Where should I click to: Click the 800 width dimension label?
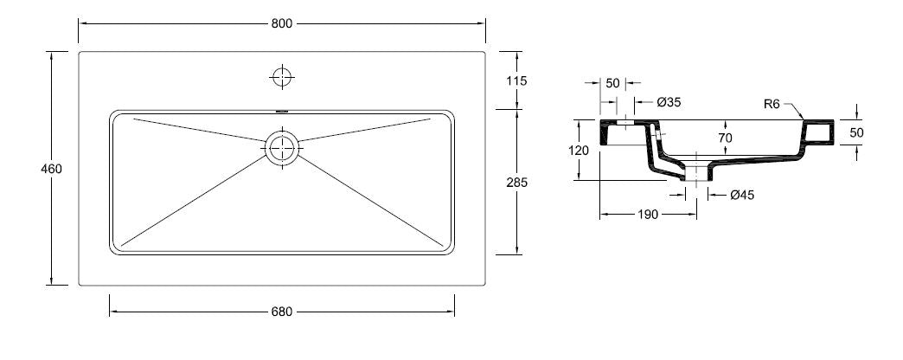pyautogui.click(x=282, y=23)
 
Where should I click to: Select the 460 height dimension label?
pyautogui.click(x=52, y=169)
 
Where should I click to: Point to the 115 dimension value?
pyautogui.click(x=516, y=80)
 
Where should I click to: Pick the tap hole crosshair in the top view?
pyautogui.click(x=282, y=77)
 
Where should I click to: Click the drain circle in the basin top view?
pyautogui.click(x=282, y=148)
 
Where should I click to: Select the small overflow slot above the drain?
pyautogui.click(x=282, y=111)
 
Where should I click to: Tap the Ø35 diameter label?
pyautogui.click(x=669, y=102)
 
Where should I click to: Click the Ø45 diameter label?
pyautogui.click(x=742, y=195)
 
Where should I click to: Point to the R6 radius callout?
pyautogui.click(x=772, y=104)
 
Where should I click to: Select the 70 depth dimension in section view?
pyautogui.click(x=725, y=137)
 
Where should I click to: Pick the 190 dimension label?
pyautogui.click(x=649, y=214)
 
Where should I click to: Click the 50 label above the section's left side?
pyautogui.click(x=612, y=83)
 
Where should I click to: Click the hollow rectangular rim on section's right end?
pyautogui.click(x=817, y=132)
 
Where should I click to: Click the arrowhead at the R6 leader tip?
pyautogui.click(x=804, y=118)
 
